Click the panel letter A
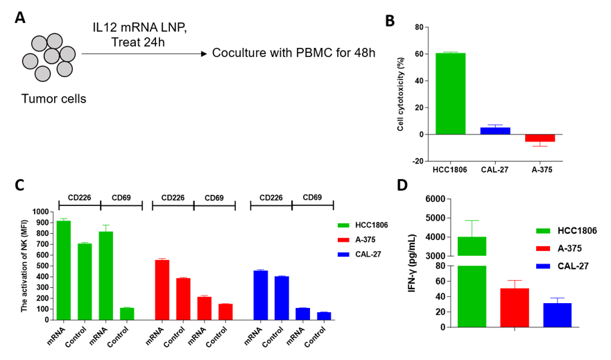click(21, 19)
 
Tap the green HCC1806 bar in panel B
click(450, 93)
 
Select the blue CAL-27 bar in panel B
click(494, 130)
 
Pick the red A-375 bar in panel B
click(540, 137)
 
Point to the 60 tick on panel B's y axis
click(418, 54)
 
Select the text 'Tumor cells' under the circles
click(54, 98)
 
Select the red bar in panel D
click(515, 307)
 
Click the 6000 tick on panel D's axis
click(430, 199)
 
